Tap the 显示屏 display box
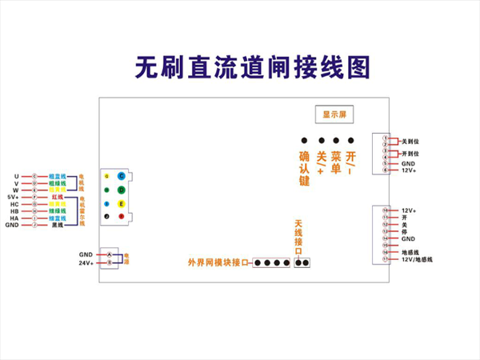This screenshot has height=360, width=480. click(334, 114)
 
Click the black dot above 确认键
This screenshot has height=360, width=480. click(304, 140)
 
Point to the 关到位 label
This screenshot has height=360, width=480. click(410, 141)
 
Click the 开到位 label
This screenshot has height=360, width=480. click(410, 153)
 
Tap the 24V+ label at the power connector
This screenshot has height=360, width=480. click(86, 262)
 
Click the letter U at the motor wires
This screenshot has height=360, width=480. click(16, 176)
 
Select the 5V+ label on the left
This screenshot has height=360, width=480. click(12, 196)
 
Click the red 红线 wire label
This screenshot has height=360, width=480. click(56, 196)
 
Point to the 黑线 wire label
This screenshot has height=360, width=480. click(57, 225)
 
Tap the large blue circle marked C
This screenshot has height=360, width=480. click(121, 176)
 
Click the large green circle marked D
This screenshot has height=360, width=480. click(121, 190)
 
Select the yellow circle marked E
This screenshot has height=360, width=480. click(121, 205)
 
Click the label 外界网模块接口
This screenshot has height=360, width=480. click(218, 262)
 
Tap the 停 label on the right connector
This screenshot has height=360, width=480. click(405, 231)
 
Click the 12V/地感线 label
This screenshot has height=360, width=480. click(417, 259)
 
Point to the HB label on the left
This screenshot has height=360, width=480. click(14, 210)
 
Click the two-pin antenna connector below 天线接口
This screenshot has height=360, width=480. click(302, 262)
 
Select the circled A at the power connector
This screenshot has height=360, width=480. click(109, 254)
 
